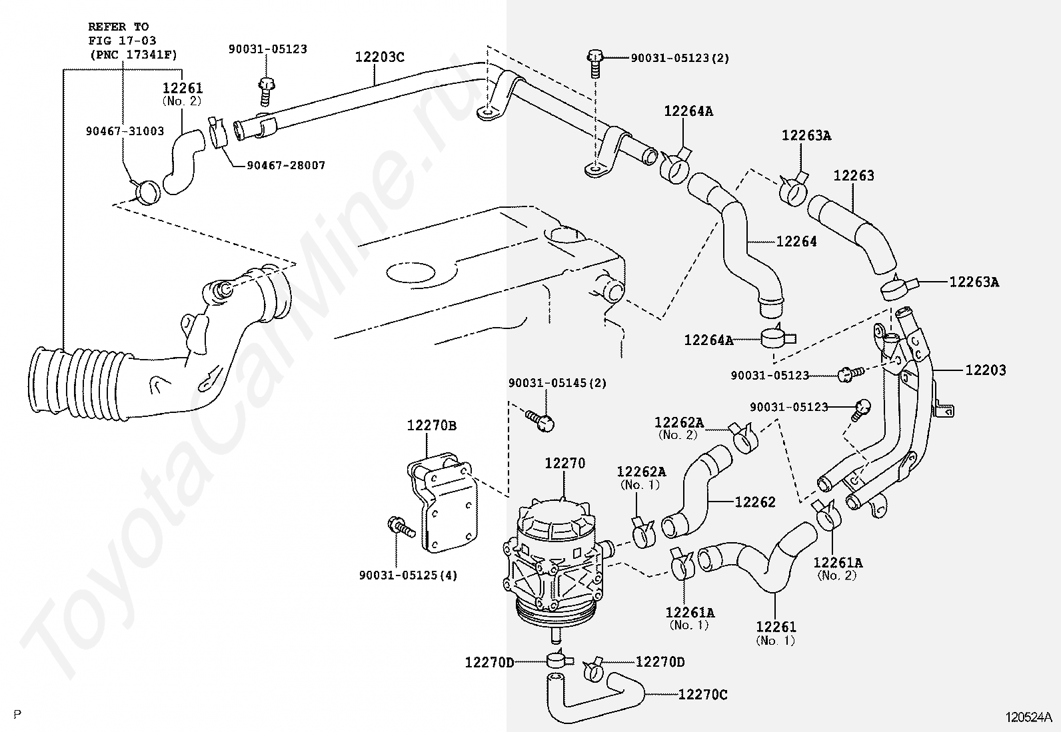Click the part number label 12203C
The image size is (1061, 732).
380,57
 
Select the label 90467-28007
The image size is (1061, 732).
286,166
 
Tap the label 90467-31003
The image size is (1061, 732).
125,131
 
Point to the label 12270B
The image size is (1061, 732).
432,426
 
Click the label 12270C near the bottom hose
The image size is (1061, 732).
703,695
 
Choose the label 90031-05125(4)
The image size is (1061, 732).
408,575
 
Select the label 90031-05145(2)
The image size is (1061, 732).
558,382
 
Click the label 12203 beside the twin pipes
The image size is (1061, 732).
985,370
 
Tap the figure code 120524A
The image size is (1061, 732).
1027,717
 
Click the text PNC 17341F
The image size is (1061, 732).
133,55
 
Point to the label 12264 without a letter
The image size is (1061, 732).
796,242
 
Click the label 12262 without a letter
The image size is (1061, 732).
755,502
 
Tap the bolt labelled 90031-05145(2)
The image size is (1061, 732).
540,420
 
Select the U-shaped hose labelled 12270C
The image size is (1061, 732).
595,697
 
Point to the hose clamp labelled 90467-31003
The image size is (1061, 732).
146,190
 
